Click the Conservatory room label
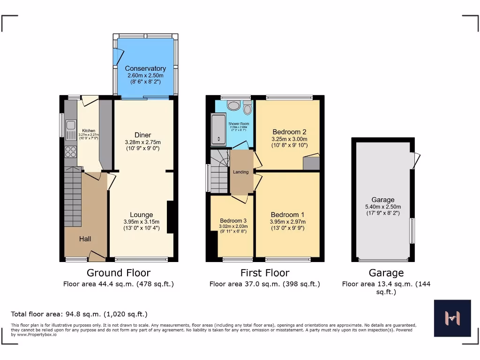click(145, 68)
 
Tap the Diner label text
click(142, 135)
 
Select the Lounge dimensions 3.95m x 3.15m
click(142, 222)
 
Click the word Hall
click(85, 239)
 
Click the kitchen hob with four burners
click(71, 151)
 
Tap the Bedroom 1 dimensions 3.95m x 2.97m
click(287, 222)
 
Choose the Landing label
click(241, 172)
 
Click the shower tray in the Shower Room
click(218, 128)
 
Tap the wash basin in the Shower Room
click(233, 105)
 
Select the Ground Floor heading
click(119, 273)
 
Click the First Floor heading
click(265, 273)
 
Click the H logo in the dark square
click(452, 318)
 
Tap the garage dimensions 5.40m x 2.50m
click(383, 207)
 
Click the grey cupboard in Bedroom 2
click(311, 164)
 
